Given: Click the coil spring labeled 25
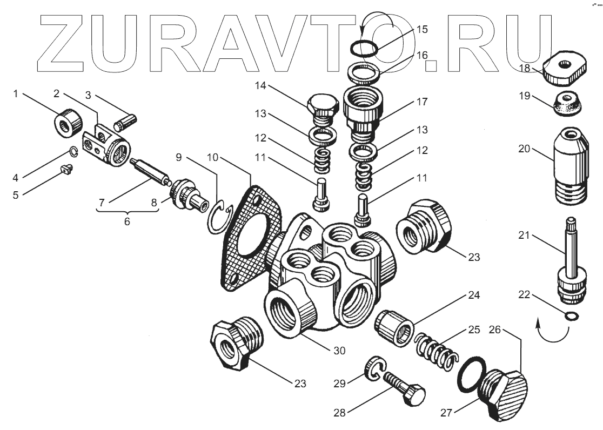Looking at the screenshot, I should [437, 351].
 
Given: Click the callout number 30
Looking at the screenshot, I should [339, 351].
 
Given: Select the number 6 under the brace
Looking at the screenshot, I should [127, 221].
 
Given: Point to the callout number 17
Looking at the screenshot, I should [422, 101].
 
